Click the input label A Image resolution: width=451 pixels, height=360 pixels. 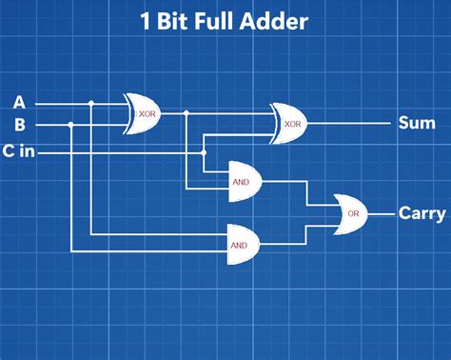[x=19, y=103]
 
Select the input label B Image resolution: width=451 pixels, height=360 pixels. [x=19, y=125]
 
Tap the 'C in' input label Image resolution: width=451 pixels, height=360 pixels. [x=22, y=150]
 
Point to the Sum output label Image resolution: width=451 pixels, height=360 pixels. [x=416, y=123]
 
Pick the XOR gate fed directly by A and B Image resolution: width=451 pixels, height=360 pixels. [x=146, y=113]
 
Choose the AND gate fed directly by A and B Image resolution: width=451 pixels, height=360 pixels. [x=241, y=243]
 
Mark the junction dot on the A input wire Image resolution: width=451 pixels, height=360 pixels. [x=90, y=103]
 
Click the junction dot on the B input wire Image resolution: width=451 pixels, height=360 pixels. [x=72, y=125]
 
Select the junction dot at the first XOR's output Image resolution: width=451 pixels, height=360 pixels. [x=186, y=113]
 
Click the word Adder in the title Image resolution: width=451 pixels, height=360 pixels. [x=272, y=22]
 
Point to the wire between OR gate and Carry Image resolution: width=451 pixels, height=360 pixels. [x=383, y=213]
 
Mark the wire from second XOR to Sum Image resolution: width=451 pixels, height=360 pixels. [x=352, y=124]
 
